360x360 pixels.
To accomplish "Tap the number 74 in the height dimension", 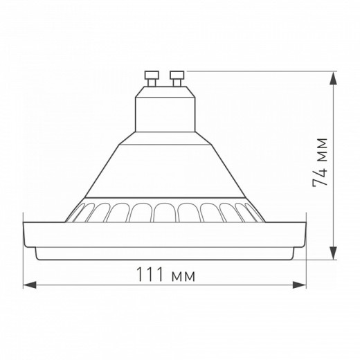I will [x=320, y=176].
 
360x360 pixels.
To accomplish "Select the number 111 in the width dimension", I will [x=153, y=276].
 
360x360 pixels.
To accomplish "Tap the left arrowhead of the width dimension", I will [x=28, y=285].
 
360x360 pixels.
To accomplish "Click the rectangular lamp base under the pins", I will [x=164, y=114].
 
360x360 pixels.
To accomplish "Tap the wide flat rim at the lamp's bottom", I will [x=165, y=239].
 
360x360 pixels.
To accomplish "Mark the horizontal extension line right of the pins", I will [x=263, y=69].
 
